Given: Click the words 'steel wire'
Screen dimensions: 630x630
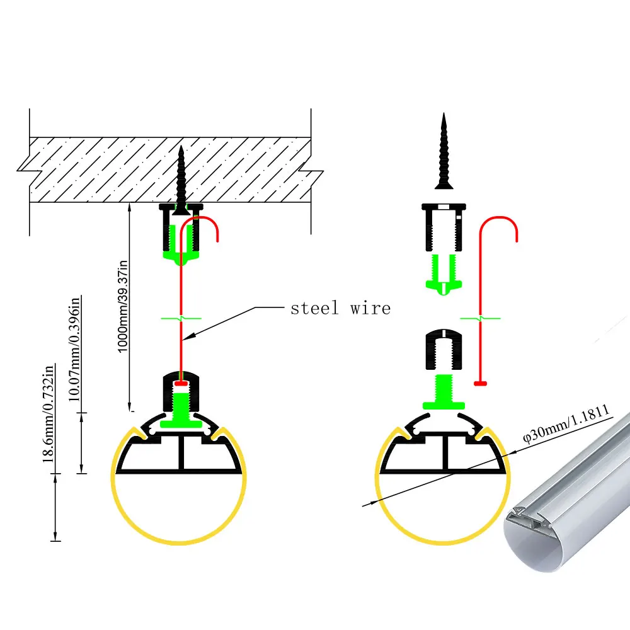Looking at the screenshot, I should (340, 308).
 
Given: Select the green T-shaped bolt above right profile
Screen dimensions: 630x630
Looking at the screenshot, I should (444, 391).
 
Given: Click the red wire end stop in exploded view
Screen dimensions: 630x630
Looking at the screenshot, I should (481, 382).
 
